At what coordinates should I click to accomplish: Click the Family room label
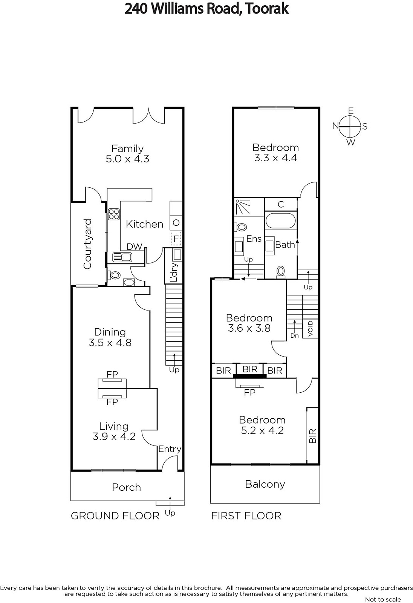coord(128,148)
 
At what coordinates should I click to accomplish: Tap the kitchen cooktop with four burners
coord(114,214)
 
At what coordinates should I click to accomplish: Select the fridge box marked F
coord(176,239)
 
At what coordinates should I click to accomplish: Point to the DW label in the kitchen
coord(135,246)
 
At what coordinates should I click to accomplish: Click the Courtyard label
coord(88,244)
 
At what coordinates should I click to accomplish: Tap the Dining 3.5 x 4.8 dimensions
coord(110,343)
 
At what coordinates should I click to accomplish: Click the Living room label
coord(114,426)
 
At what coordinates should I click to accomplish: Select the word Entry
coord(170,449)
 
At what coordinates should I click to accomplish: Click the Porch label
coord(127,487)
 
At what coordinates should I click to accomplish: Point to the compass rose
coord(350,126)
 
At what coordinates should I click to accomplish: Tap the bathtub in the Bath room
coord(281,221)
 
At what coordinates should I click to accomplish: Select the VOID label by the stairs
coord(311,328)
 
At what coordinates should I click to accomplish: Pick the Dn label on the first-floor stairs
coord(295,336)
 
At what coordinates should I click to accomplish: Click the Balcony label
coord(265,484)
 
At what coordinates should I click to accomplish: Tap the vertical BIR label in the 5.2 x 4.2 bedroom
coord(312,436)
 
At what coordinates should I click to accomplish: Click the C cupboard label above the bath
coord(281,204)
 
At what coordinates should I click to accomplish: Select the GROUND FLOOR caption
coord(115,516)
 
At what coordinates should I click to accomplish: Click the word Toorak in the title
coord(267,8)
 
